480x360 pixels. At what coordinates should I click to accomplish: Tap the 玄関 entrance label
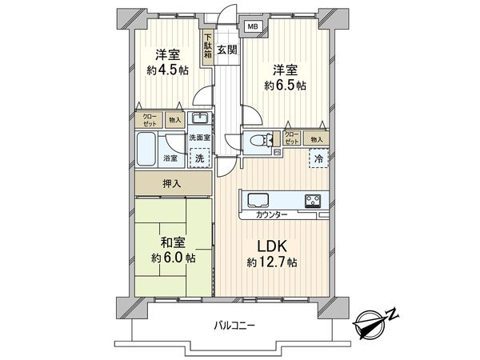click(x=226, y=50)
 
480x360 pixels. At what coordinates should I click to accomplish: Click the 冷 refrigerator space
click(x=318, y=158)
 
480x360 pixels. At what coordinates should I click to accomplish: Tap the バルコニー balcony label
click(x=234, y=326)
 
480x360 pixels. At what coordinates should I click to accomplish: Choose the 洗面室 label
click(x=199, y=138)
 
